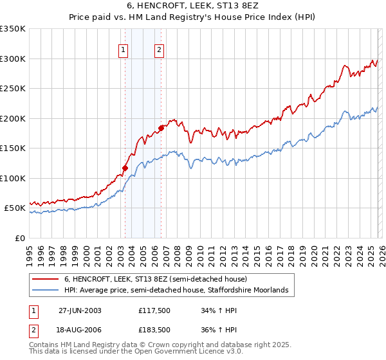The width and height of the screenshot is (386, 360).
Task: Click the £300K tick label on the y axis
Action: (13, 59)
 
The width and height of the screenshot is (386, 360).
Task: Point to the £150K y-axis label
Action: (13, 148)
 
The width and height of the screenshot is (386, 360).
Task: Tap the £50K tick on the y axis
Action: (15, 208)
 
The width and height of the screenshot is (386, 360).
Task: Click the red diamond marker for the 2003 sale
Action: (125, 168)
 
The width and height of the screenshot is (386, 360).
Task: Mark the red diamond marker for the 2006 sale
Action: (161, 128)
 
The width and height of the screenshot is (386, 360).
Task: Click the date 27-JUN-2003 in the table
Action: (80, 310)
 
